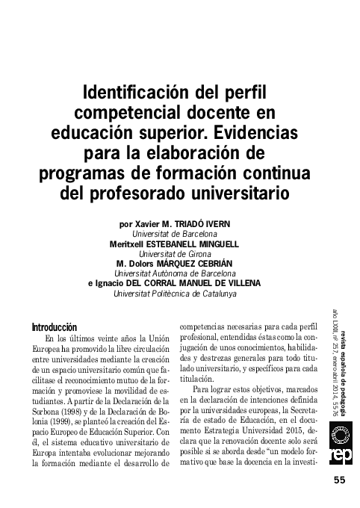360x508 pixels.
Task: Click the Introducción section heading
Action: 55,327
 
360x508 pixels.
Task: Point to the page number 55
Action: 340,480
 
